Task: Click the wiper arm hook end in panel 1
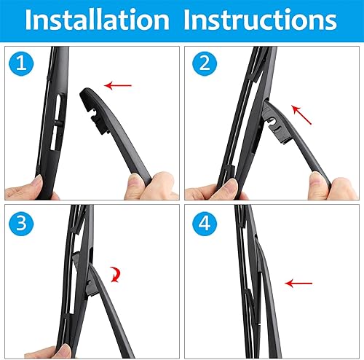pos(92,103)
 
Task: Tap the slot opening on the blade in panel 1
pos(57,117)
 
